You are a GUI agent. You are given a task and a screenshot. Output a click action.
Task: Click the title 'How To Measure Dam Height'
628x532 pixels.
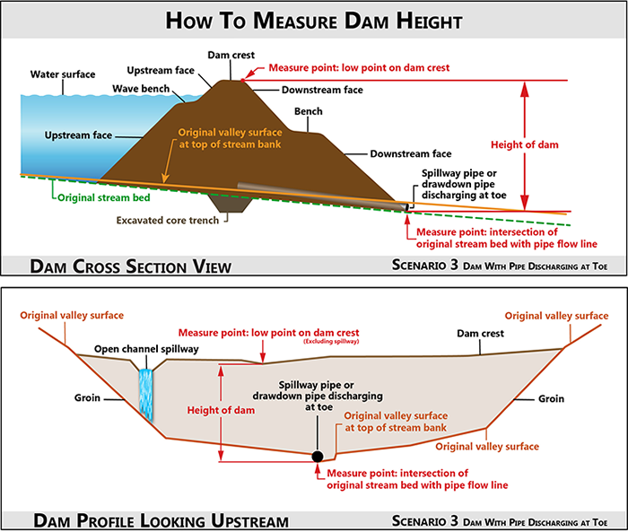(314, 21)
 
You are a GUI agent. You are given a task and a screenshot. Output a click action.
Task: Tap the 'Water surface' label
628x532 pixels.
(63, 74)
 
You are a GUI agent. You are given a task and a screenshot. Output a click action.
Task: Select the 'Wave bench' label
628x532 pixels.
(141, 89)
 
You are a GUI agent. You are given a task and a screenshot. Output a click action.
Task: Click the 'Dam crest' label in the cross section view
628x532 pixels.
(231, 55)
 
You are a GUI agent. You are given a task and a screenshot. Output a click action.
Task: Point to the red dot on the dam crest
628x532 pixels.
(243, 81)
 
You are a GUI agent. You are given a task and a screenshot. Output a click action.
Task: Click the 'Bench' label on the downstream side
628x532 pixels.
(309, 111)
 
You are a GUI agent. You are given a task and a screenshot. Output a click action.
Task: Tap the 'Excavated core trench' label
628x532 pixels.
(168, 221)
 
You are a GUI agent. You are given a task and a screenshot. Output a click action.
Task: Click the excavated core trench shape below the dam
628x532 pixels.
(231, 203)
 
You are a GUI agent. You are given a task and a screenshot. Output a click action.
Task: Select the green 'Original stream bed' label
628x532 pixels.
(104, 197)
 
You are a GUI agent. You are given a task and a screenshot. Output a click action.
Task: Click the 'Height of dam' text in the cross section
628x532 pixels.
(525, 144)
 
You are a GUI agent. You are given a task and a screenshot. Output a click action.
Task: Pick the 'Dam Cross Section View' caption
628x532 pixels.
(131, 266)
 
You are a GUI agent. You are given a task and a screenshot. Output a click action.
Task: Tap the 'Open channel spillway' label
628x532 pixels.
(146, 349)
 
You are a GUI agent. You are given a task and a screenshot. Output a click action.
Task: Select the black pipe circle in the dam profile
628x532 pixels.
(318, 457)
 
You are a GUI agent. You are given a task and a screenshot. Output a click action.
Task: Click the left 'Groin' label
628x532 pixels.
(87, 397)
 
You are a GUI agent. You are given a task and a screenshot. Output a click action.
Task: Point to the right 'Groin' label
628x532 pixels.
(551, 398)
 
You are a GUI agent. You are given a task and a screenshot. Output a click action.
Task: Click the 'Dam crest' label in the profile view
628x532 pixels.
(480, 334)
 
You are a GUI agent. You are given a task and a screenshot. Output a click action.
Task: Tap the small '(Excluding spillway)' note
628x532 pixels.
(331, 341)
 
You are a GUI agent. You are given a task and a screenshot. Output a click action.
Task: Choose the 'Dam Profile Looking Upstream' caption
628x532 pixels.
(161, 520)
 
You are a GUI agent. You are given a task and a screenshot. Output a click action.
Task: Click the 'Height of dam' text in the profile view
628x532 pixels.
(221, 410)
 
